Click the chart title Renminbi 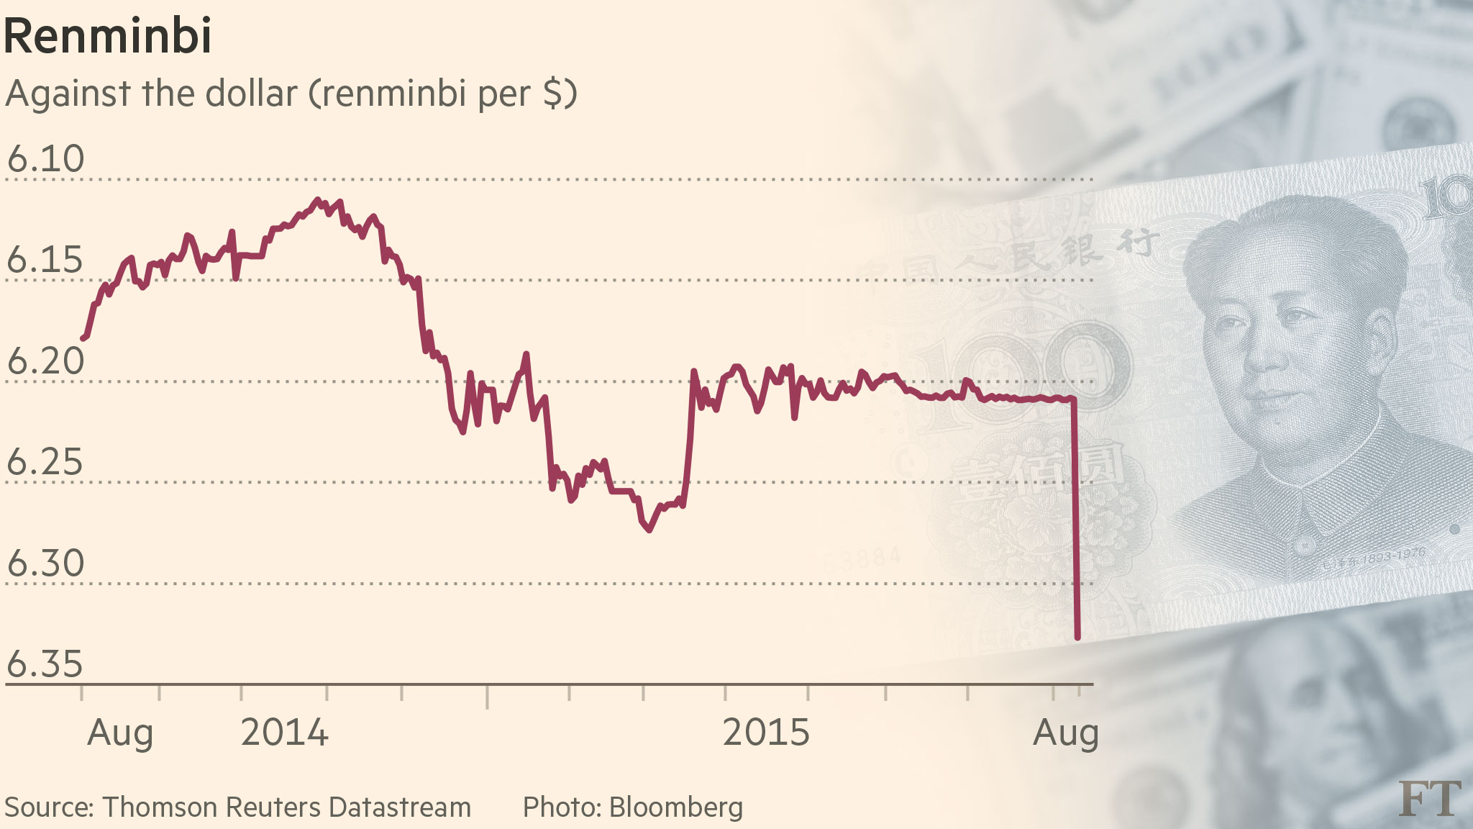click(108, 36)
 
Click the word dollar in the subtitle click(251, 94)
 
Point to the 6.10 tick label click(45, 159)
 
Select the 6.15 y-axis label click(45, 260)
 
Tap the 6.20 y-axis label click(45, 361)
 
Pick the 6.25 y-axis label click(45, 462)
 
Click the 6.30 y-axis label click(45, 563)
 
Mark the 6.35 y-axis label click(45, 664)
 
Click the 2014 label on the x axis click(284, 733)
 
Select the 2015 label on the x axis click(766, 733)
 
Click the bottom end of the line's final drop click(1077, 637)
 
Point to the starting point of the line click(83, 338)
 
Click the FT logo click(1430, 798)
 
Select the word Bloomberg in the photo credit click(676, 807)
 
